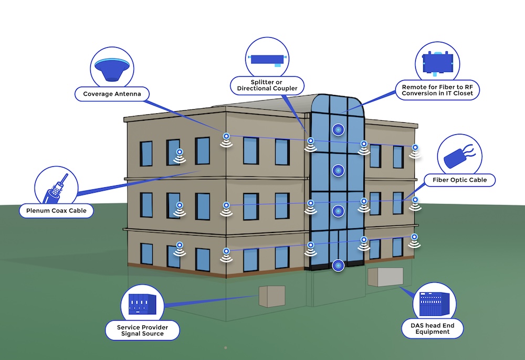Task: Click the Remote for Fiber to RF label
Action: (x=437, y=90)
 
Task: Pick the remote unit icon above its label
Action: (x=437, y=62)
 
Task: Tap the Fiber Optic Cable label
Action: (x=459, y=180)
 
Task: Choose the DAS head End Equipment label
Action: (x=433, y=329)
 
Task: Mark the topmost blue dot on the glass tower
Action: (x=338, y=129)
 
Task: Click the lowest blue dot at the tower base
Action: (x=339, y=266)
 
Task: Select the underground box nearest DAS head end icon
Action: (x=385, y=277)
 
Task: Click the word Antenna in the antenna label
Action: (x=130, y=94)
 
